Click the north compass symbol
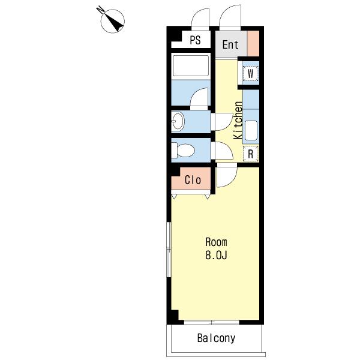113,21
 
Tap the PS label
195,40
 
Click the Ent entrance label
230,44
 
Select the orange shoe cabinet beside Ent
253,43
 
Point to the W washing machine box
250,73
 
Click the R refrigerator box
250,154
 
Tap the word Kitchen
238,121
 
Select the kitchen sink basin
251,130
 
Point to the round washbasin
178,121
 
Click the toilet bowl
185,151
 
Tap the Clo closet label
193,180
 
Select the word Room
216,242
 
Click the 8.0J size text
216,255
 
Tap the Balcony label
216,338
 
